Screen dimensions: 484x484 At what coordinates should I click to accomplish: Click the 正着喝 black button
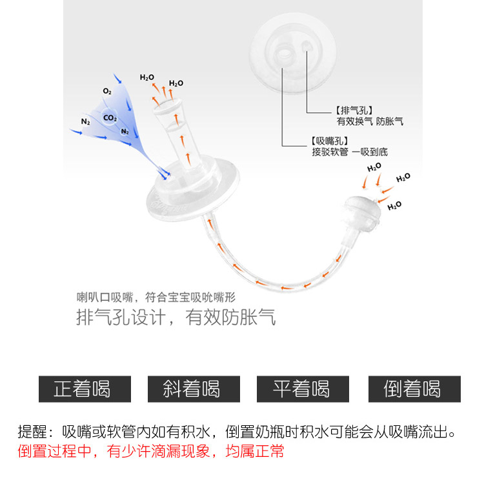85,388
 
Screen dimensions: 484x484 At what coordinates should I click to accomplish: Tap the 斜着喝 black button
193,388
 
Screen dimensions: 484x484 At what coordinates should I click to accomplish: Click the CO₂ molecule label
110,118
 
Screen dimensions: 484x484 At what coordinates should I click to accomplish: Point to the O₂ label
107,92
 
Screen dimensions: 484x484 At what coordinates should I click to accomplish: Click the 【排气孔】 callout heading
354,110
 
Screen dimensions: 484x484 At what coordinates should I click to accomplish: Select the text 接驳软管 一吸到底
349,152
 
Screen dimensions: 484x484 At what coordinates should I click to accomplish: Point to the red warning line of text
151,451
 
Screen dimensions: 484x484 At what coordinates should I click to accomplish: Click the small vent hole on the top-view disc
306,46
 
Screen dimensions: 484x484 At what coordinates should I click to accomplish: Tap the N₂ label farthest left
86,121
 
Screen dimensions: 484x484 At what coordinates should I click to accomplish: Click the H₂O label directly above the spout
147,77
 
